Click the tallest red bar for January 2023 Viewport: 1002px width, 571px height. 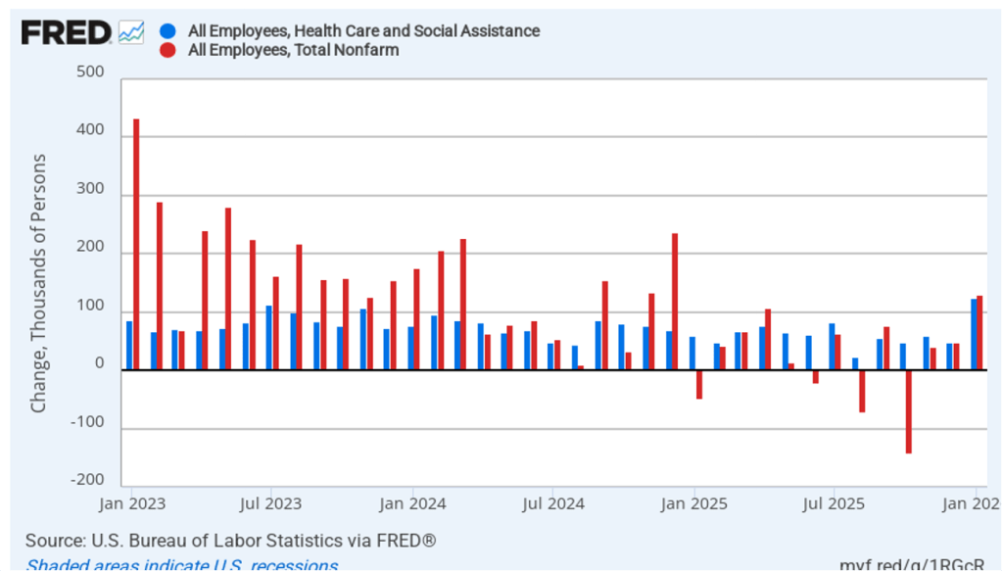[x=136, y=245]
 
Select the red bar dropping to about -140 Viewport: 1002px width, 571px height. [x=908, y=411]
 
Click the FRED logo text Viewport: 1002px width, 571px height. [x=66, y=33]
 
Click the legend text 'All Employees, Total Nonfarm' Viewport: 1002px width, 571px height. [x=293, y=50]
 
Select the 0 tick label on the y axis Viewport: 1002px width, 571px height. [x=100, y=364]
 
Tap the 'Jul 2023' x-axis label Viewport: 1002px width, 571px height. [x=268, y=504]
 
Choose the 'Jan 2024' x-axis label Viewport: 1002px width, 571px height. [x=412, y=504]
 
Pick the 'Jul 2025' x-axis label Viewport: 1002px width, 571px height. [x=834, y=504]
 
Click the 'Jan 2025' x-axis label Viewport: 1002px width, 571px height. [x=693, y=504]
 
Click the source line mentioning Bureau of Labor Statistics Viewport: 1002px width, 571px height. [x=230, y=541]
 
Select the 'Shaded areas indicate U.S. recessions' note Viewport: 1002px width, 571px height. [x=182, y=564]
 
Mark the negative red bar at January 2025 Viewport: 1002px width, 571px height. [x=699, y=384]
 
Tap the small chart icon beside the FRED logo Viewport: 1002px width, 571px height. [x=131, y=32]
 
